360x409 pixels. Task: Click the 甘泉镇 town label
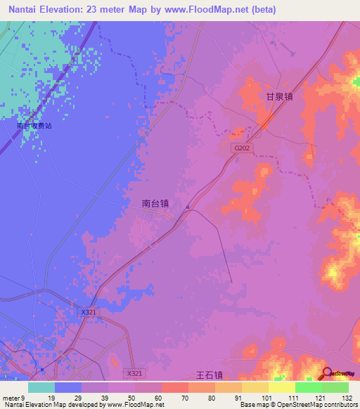coord(278,98)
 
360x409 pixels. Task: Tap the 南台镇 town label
coord(155,203)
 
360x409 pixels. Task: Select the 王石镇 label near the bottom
coord(208,376)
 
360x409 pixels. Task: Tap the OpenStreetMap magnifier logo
coord(328,374)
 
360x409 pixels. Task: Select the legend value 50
coord(135,398)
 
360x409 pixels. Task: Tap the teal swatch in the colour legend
coord(41,387)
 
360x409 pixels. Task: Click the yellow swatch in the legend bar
coord(281,387)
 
